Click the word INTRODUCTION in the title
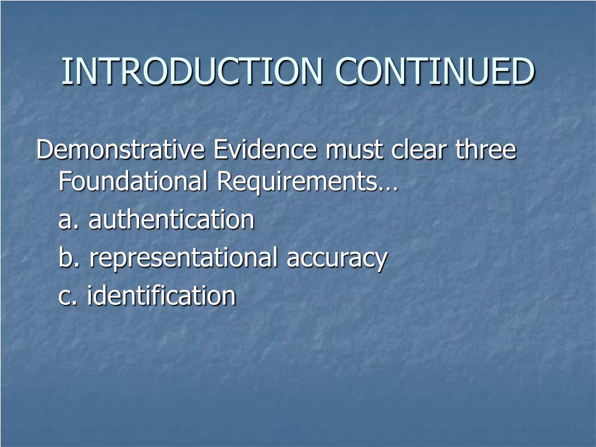pyautogui.click(x=192, y=71)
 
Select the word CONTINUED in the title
pyautogui.click(x=435, y=71)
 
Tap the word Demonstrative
pyautogui.click(x=120, y=149)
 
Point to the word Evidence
pyautogui.click(x=265, y=149)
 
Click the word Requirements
pyautogui.click(x=296, y=182)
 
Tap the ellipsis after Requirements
pyautogui.click(x=387, y=188)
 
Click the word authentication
pyautogui.click(x=172, y=219)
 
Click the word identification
pyautogui.click(x=162, y=295)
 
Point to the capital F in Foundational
pyautogui.click(x=65, y=181)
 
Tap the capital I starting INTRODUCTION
pyautogui.click(x=65, y=71)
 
